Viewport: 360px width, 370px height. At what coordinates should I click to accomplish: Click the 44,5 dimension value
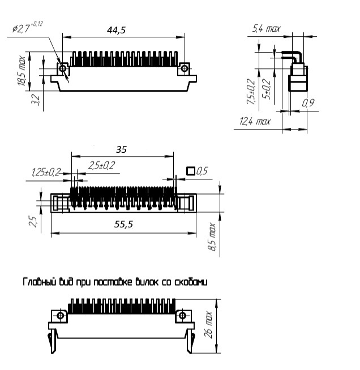(x=116, y=30)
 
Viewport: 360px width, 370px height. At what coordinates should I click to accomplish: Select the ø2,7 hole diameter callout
(x=27, y=27)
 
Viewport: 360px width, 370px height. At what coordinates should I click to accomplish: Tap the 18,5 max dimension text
(x=22, y=71)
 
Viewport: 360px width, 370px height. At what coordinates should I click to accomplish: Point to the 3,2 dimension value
(x=36, y=100)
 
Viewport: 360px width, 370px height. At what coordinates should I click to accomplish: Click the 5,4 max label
(x=266, y=28)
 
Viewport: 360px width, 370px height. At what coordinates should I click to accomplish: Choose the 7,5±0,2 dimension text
(x=251, y=92)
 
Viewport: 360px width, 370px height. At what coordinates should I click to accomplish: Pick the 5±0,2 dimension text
(x=267, y=89)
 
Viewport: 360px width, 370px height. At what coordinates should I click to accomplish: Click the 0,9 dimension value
(x=308, y=103)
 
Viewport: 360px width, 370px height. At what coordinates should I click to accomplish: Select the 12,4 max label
(x=255, y=121)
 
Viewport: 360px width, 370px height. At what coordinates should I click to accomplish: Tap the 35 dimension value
(x=121, y=149)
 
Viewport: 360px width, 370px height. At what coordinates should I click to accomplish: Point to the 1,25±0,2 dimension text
(x=46, y=172)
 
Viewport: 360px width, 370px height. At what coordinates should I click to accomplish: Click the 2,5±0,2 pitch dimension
(x=101, y=165)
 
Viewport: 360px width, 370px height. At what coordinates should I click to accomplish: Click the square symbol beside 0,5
(x=191, y=171)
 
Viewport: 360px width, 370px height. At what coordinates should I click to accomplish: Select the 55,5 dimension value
(x=123, y=224)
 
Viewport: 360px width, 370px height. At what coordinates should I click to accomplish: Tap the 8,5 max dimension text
(x=212, y=236)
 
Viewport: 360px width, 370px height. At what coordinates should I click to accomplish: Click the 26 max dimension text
(x=208, y=325)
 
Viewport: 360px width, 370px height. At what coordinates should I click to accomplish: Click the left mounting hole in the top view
(x=63, y=68)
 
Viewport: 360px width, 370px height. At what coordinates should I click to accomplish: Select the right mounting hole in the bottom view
(x=182, y=316)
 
